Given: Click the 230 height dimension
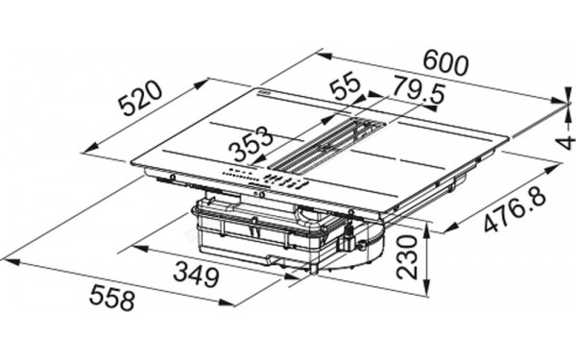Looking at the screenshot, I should (x=411, y=257).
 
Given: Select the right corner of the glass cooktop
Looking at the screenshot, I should (x=508, y=142).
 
